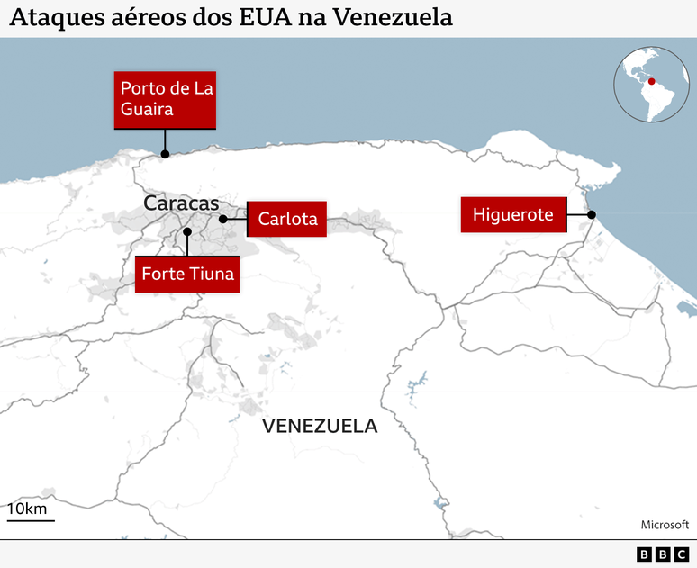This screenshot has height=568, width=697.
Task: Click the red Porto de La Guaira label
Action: point(166,99)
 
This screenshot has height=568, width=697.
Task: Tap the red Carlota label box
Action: point(287,219)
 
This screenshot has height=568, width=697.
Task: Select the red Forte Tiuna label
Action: point(188,274)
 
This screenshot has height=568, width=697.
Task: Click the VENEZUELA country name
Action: point(320,426)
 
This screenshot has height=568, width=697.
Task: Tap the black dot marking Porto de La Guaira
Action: point(165,154)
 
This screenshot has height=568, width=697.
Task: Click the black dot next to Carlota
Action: point(222,219)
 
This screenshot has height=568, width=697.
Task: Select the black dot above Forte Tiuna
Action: point(187,231)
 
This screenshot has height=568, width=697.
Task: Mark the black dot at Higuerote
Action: point(592,214)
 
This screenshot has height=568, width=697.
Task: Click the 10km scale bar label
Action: point(28,509)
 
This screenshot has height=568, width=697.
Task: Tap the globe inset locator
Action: point(651,85)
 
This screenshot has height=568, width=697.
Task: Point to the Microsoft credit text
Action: point(664,525)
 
